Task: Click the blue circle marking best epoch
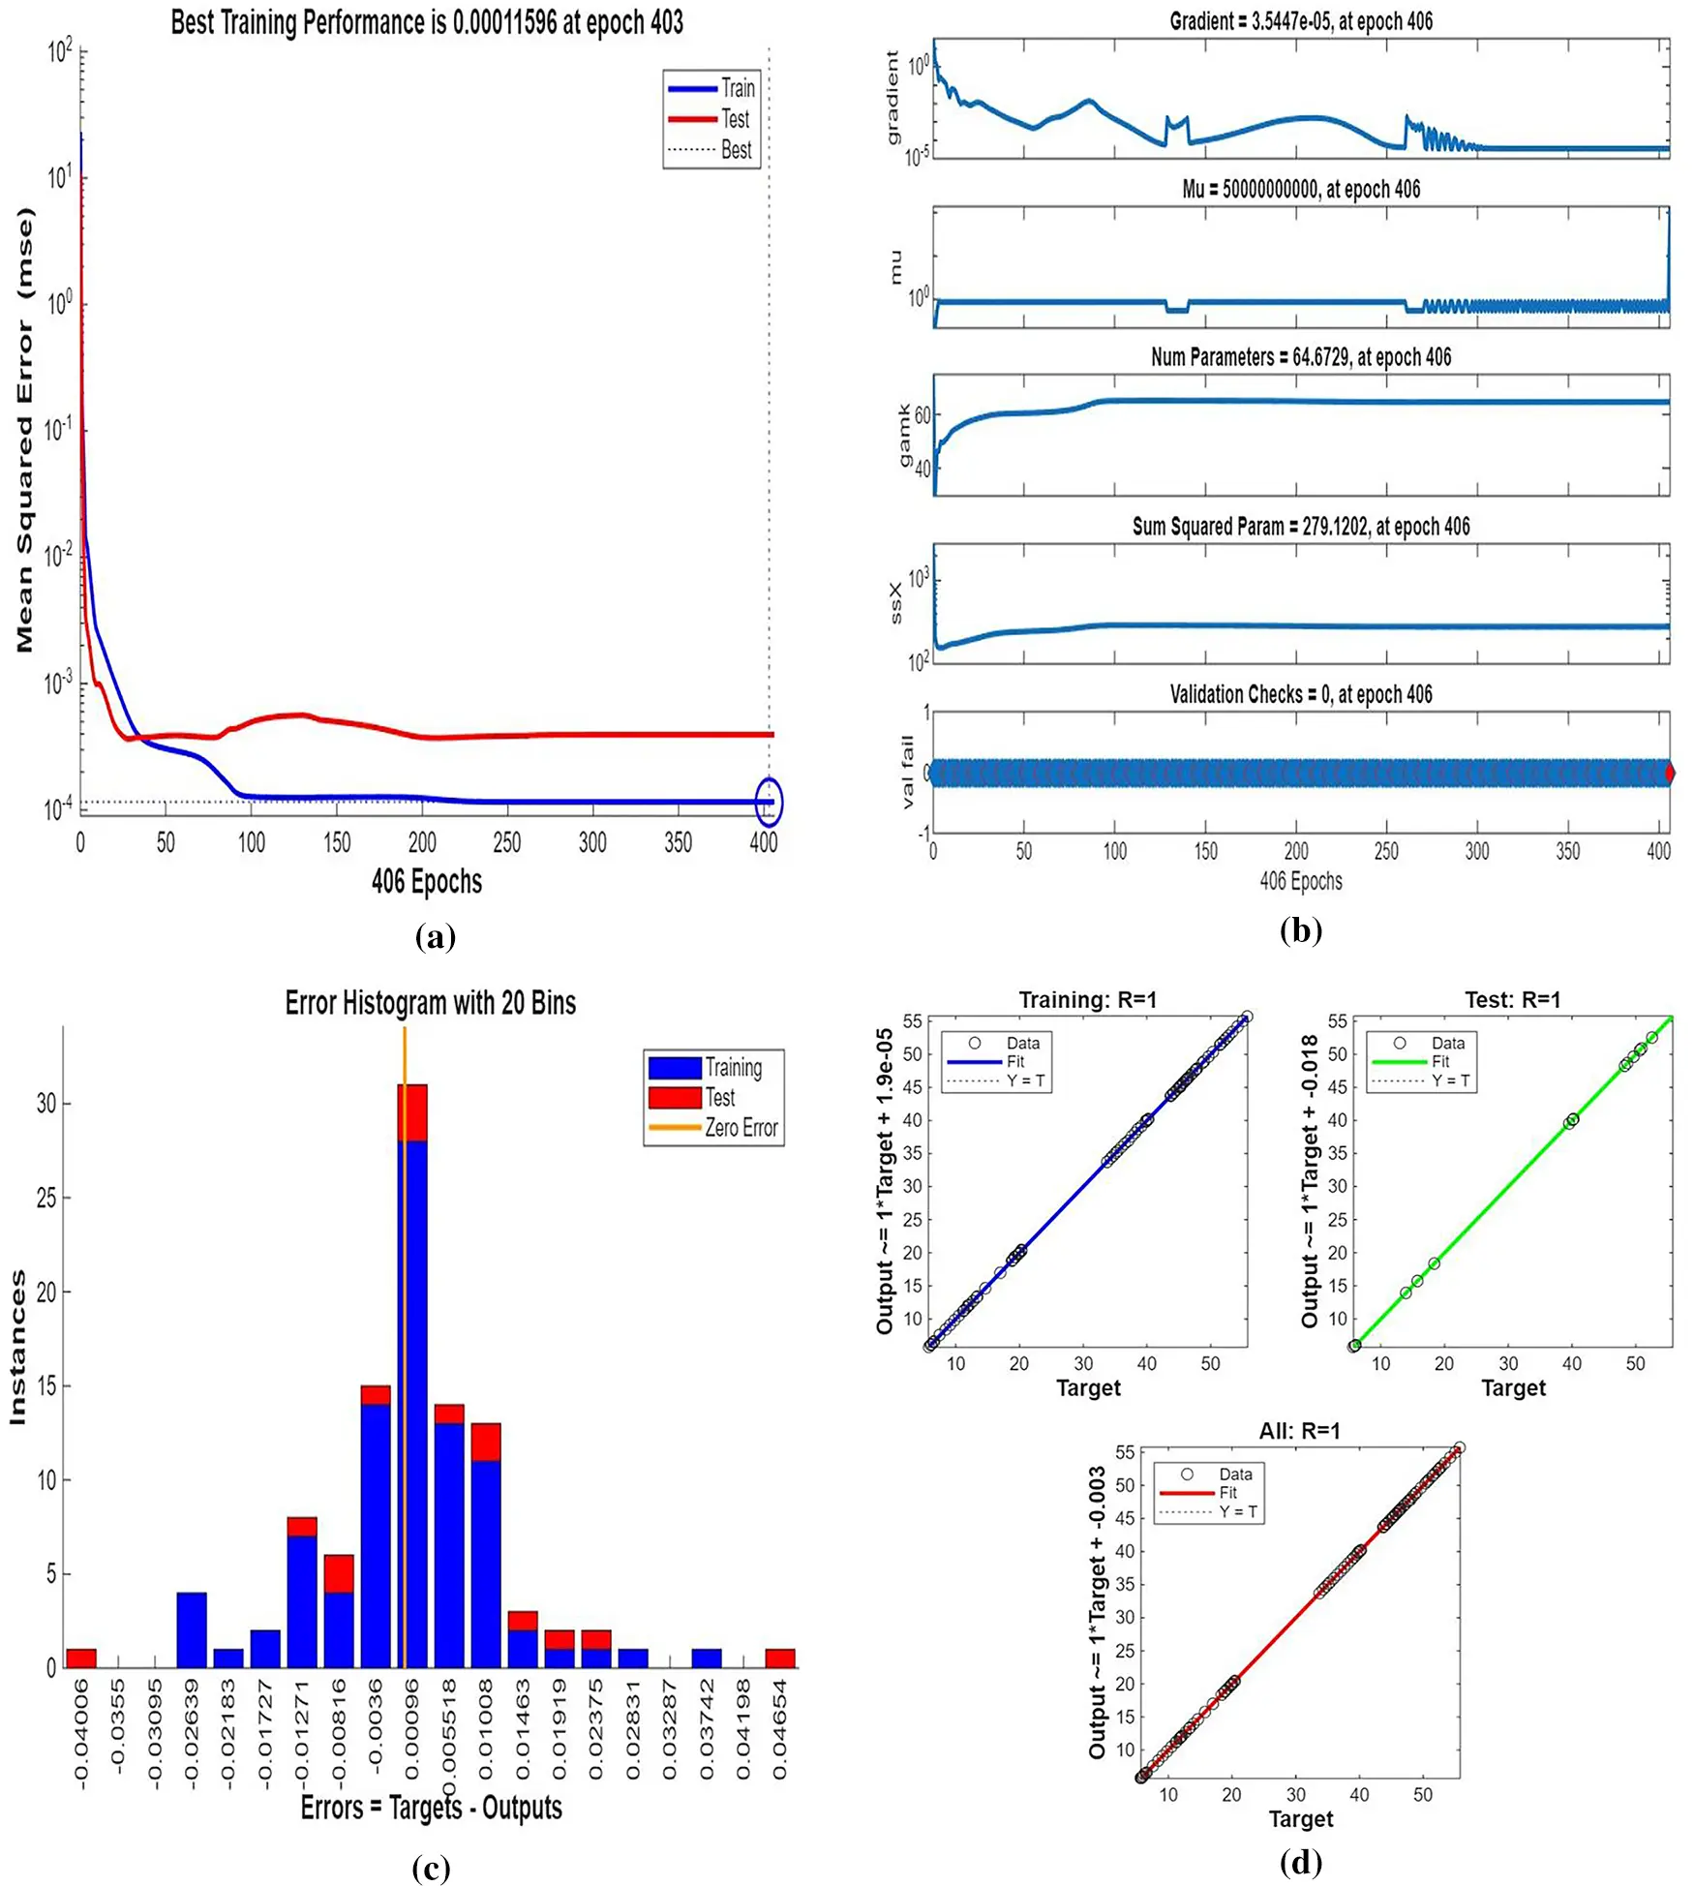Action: [768, 802]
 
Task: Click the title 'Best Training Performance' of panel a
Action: [427, 22]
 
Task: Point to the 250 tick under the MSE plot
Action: [506, 842]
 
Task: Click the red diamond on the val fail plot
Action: [1669, 772]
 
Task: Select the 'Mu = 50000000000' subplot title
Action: [1300, 189]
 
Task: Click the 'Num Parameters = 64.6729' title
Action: [1300, 357]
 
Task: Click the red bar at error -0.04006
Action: [81, 1658]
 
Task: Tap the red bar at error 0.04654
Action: [780, 1658]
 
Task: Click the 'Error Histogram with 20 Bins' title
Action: [430, 1003]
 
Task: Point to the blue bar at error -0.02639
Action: [192, 1629]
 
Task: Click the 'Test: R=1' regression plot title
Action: [1512, 999]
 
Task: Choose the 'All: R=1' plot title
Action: [1299, 1431]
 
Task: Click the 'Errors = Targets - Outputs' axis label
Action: [432, 1808]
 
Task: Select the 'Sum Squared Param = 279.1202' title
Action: [1300, 527]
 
